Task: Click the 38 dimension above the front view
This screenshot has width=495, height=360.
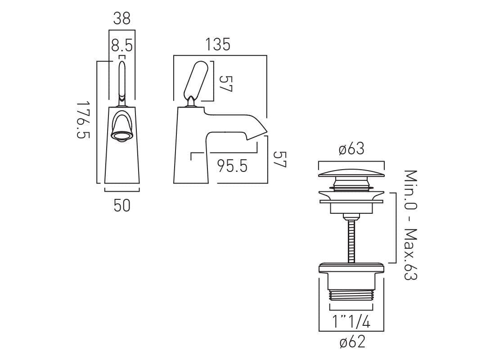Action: (121, 18)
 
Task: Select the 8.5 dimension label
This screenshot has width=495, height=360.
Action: (121, 46)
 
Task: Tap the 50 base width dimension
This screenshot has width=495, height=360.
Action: (121, 206)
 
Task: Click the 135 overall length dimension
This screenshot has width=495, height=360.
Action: (218, 45)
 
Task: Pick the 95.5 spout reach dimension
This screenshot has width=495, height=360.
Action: (232, 166)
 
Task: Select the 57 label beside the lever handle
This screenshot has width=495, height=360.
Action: (225, 83)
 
